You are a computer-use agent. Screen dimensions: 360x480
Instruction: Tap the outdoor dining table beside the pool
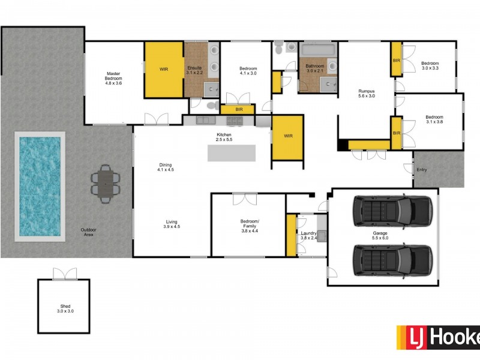click(106, 182)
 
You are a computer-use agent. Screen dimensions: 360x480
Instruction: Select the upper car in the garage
click(392, 210)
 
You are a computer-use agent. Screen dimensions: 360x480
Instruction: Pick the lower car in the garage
click(392, 259)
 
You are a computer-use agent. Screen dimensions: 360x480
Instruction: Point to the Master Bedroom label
click(113, 77)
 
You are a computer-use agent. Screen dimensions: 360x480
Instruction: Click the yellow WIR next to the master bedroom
click(164, 69)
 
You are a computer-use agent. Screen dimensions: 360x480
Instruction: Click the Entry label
click(422, 170)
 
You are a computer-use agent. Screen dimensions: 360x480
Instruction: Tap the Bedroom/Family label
click(248, 225)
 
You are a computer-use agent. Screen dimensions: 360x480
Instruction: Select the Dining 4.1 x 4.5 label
click(165, 167)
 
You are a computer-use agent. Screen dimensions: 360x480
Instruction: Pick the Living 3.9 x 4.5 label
click(172, 225)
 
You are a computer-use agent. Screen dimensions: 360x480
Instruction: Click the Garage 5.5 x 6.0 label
click(380, 235)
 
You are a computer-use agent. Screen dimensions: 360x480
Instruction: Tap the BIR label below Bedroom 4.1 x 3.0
click(239, 110)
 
